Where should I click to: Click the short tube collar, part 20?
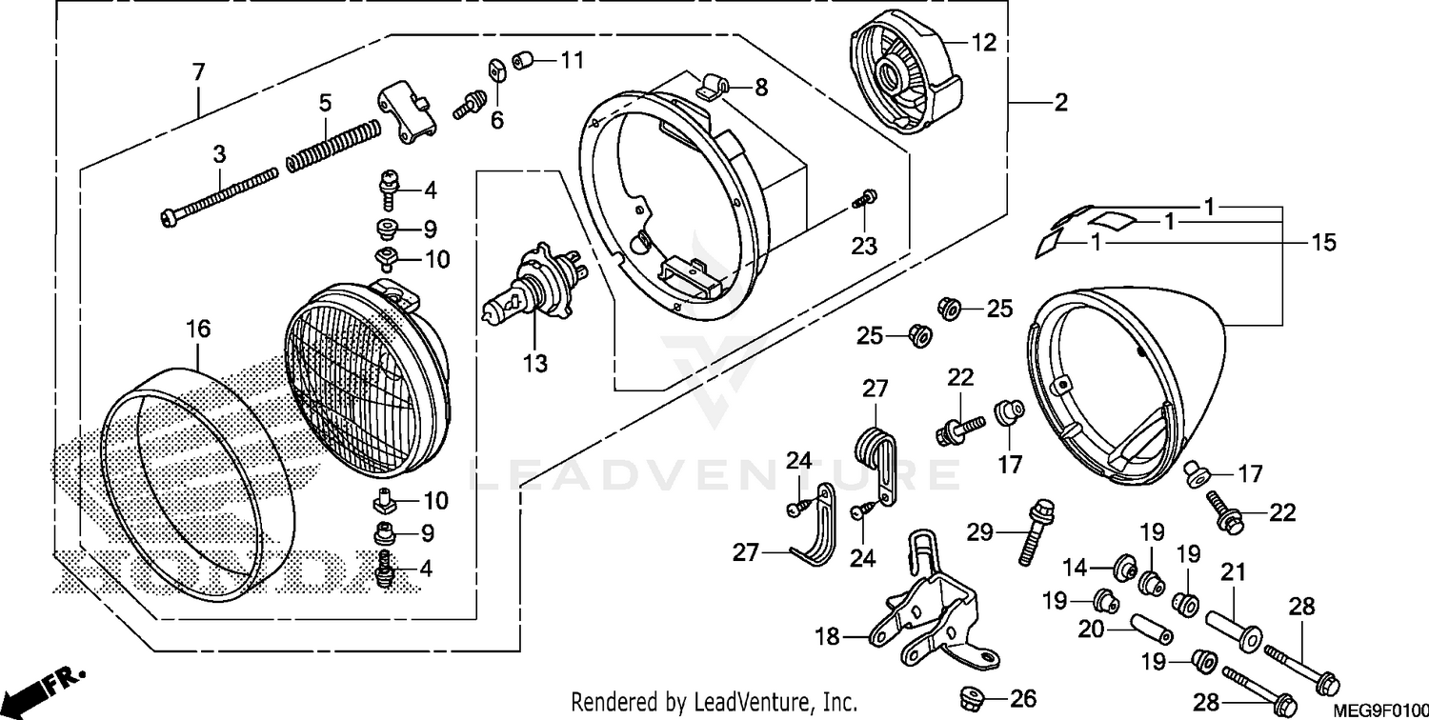point(1151,630)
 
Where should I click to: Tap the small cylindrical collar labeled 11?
point(522,62)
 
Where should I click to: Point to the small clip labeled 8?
point(710,89)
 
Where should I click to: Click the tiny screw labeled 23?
point(866,199)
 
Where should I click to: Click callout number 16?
point(197,330)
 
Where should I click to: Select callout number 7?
point(197,72)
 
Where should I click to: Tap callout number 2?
point(1060,103)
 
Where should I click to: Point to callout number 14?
point(1075,569)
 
